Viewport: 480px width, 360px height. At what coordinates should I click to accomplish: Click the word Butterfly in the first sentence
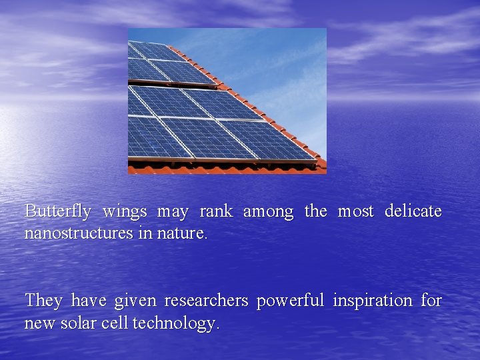58,211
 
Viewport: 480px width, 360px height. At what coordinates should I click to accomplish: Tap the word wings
125,212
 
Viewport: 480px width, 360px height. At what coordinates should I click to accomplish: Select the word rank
215,211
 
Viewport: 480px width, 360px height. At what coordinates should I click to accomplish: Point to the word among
268,212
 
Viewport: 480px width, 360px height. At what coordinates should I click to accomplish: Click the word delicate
413,211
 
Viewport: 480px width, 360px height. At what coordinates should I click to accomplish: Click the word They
43,301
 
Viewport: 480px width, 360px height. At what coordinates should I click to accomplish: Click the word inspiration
373,301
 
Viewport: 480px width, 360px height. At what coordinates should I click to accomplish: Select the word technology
176,324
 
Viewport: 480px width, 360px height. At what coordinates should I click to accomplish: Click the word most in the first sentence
356,211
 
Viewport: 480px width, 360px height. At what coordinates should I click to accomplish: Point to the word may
173,212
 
